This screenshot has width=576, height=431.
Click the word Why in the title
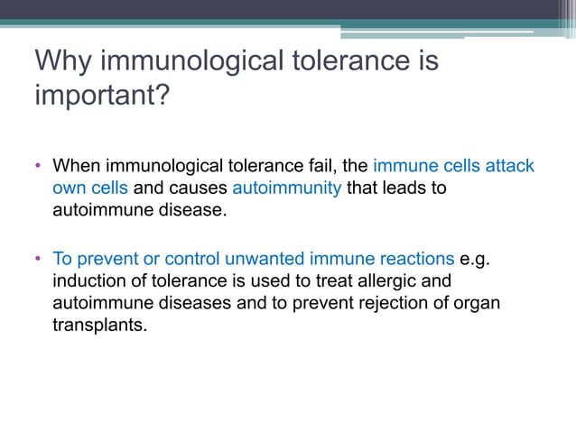[64, 61]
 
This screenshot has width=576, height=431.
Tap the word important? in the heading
[102, 95]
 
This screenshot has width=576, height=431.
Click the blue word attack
[510, 167]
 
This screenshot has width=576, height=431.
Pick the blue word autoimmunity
[286, 188]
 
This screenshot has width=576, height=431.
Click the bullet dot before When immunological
[39, 167]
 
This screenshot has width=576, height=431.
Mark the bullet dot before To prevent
[39, 258]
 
